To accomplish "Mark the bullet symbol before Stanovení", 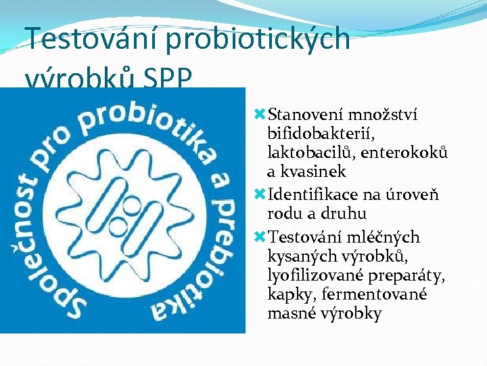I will tap(258, 115).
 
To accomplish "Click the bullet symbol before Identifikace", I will tap(258, 195).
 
